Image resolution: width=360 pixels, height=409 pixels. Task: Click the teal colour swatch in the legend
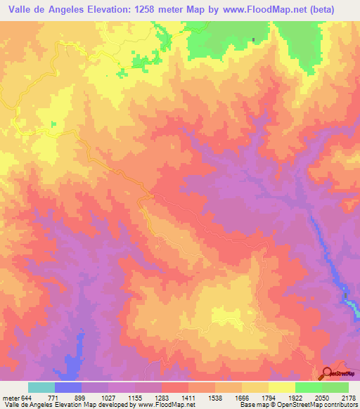[x=41, y=387]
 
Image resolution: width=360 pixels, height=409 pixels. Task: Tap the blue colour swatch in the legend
[x=68, y=387]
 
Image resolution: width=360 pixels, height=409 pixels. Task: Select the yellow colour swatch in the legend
[x=281, y=387]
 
